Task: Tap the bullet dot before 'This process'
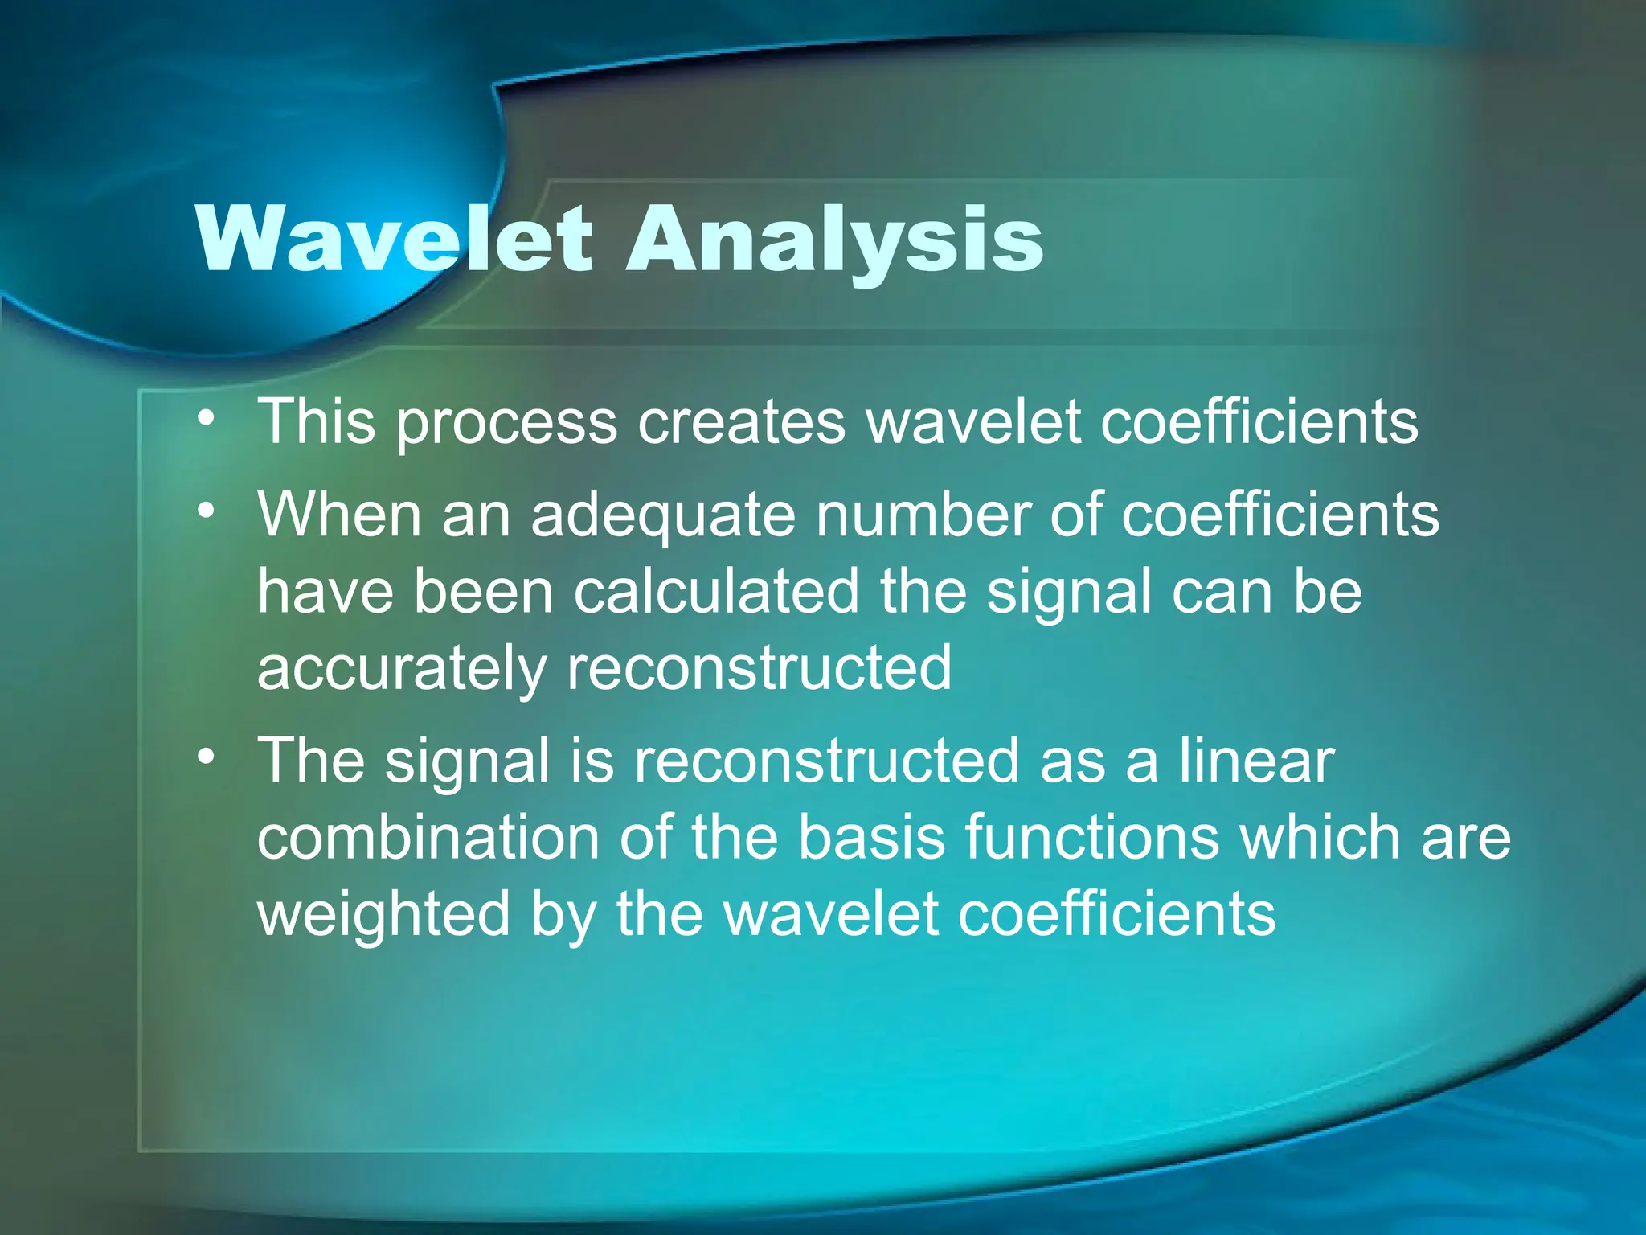click(207, 417)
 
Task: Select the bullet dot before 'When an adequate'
click(207, 511)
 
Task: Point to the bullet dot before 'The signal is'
click(207, 757)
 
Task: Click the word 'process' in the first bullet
click(506, 423)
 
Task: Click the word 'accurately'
click(401, 669)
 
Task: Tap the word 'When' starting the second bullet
click(339, 515)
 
